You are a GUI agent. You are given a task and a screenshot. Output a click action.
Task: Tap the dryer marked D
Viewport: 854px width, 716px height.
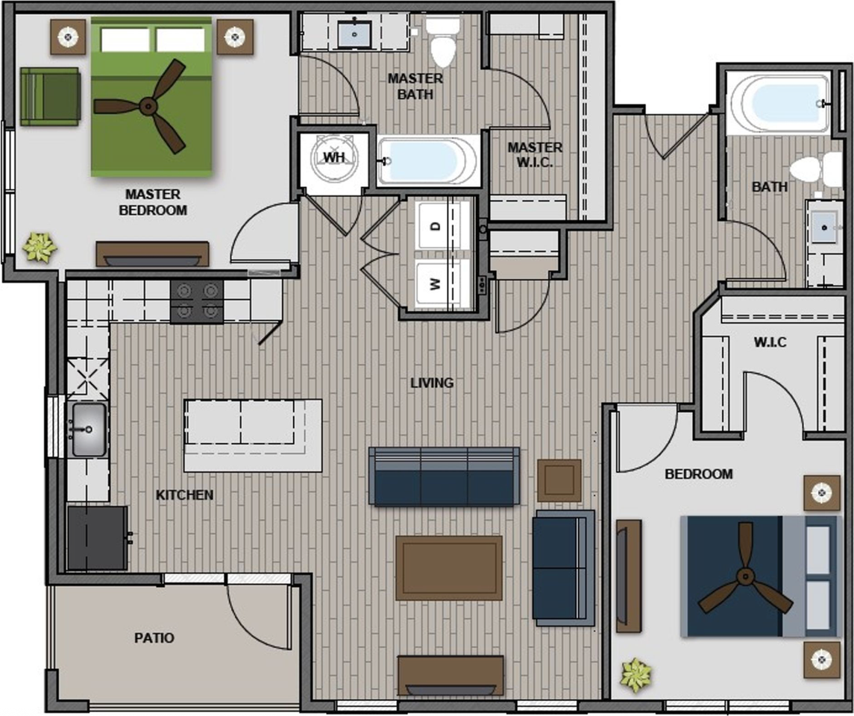click(443, 225)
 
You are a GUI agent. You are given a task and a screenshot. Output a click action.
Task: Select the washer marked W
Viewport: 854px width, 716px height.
click(443, 284)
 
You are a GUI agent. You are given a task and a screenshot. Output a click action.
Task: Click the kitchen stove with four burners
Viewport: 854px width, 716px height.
click(197, 301)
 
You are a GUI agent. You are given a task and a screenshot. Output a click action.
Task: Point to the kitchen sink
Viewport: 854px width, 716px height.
click(87, 430)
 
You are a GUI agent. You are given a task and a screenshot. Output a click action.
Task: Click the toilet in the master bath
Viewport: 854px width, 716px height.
click(443, 42)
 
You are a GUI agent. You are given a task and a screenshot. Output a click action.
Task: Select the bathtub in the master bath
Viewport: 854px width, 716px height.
click(428, 161)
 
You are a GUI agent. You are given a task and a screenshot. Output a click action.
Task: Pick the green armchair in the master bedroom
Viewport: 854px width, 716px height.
click(50, 97)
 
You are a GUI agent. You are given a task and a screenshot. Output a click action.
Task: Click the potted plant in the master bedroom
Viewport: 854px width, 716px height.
click(40, 247)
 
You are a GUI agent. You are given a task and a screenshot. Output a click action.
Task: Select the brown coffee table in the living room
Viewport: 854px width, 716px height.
click(449, 568)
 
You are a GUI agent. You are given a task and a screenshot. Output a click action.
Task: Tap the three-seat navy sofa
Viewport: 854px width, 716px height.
click(444, 477)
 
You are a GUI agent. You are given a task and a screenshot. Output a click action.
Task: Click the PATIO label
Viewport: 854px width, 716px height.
click(154, 638)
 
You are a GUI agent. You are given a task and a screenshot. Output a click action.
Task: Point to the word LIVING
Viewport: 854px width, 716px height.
click(432, 383)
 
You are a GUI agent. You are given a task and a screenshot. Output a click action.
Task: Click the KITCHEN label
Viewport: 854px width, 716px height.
click(185, 495)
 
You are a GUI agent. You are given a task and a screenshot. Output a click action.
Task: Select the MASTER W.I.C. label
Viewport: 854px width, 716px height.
click(535, 154)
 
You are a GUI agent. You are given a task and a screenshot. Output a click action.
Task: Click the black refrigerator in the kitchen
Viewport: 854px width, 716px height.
click(98, 538)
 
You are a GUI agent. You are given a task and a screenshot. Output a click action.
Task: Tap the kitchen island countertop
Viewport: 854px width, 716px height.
click(253, 435)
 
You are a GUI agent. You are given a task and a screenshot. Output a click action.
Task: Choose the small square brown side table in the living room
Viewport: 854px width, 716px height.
click(559, 480)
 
